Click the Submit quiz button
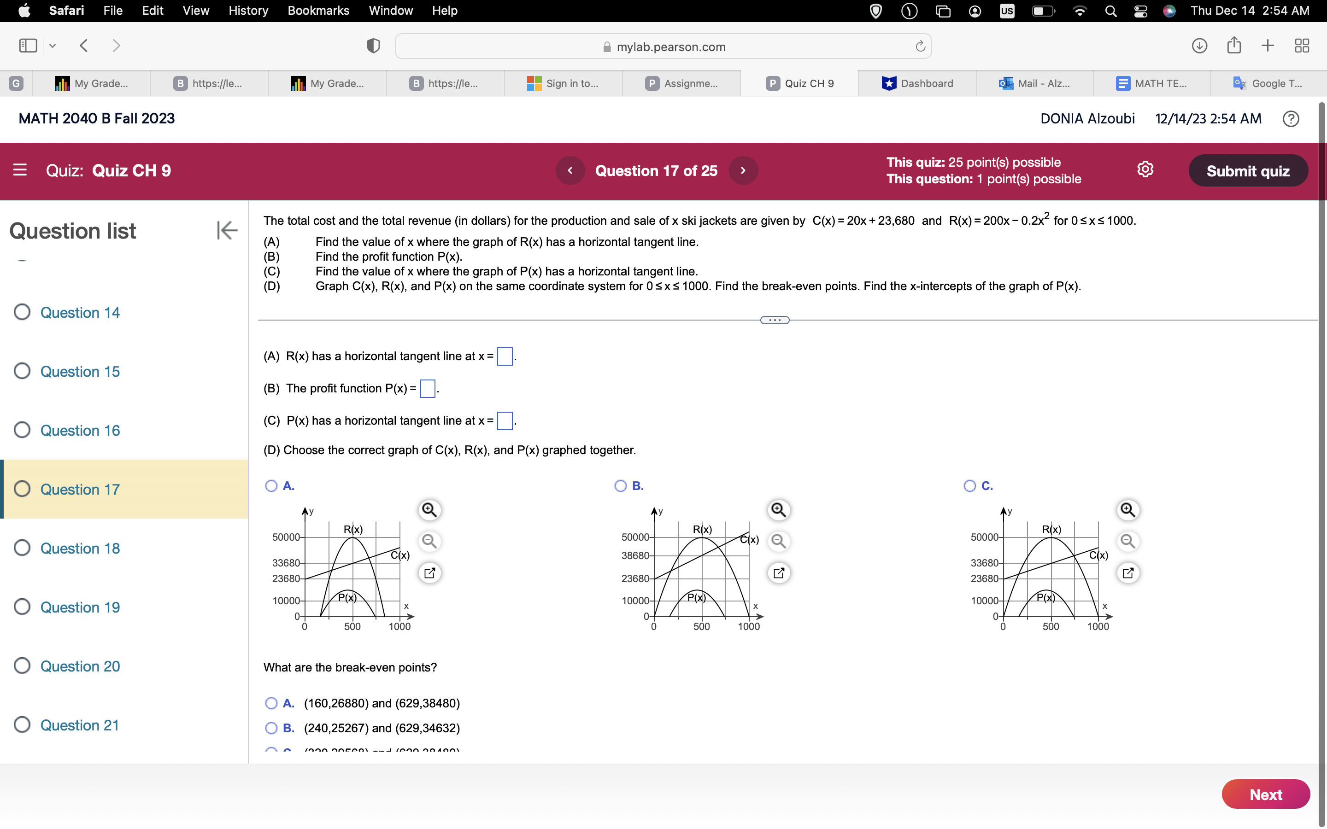1247,171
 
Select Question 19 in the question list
80,607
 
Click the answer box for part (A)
505,356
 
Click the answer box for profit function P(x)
427,389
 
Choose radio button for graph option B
620,486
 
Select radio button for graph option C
969,486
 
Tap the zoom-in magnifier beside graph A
429,510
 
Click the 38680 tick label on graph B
635,555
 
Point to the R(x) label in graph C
1051,529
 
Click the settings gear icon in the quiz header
1145,169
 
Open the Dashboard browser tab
917,83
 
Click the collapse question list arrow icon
227,230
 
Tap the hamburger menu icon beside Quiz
20,170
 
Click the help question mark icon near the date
1291,119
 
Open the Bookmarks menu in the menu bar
318,11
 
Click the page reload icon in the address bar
920,47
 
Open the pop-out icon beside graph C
1128,573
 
